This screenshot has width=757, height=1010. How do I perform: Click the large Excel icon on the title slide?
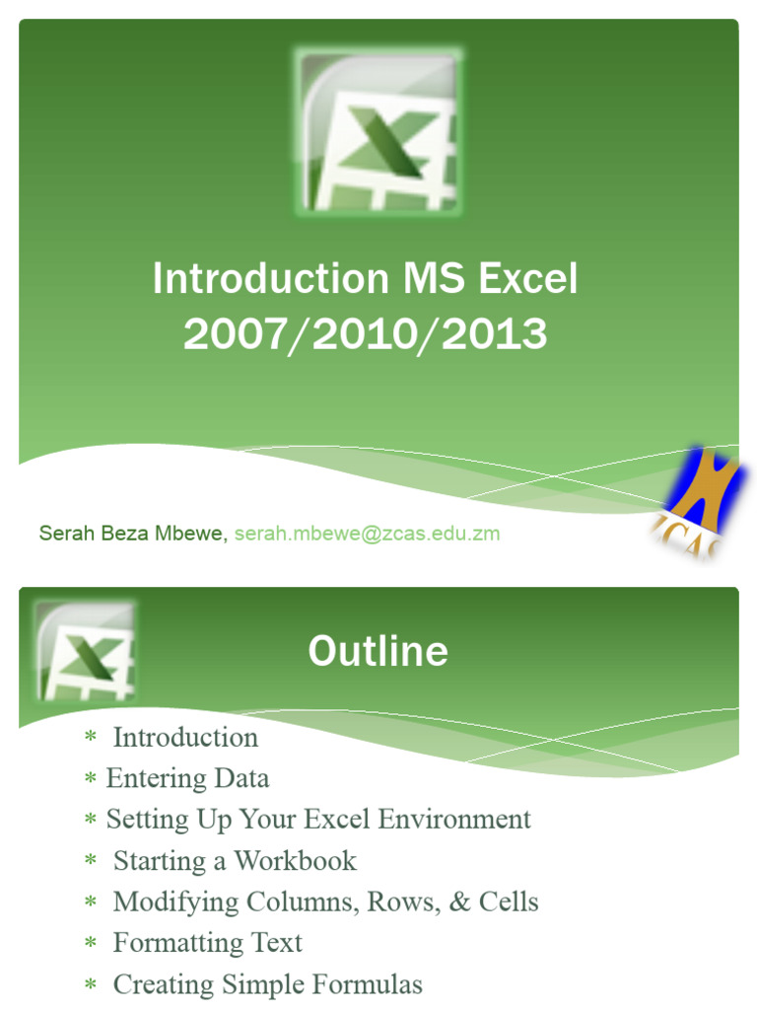[x=378, y=132]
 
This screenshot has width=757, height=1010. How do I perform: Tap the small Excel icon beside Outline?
[x=85, y=651]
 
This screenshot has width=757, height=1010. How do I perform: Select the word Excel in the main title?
[x=528, y=280]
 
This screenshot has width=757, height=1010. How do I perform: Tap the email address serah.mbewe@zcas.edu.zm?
[x=367, y=534]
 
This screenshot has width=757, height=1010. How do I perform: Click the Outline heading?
[x=378, y=651]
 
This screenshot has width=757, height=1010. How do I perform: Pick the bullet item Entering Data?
[x=187, y=778]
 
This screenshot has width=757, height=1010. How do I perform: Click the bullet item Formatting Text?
[x=207, y=943]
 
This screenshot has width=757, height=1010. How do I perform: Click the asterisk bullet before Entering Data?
[x=91, y=780]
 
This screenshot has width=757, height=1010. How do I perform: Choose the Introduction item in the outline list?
[x=185, y=738]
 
